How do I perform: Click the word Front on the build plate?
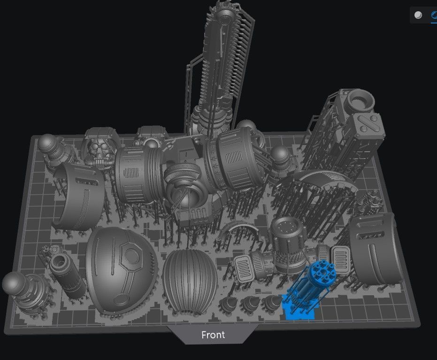(x=213, y=335)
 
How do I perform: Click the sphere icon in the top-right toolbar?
(x=418, y=15)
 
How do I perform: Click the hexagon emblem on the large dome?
(x=133, y=258)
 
